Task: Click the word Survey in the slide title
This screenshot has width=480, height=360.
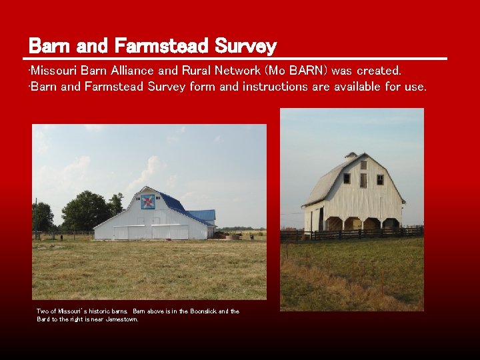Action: [x=245, y=46]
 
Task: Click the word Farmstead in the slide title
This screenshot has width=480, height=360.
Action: [x=162, y=46]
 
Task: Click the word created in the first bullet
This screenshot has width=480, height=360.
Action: [x=379, y=71]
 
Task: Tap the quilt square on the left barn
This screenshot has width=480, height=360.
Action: [x=148, y=201]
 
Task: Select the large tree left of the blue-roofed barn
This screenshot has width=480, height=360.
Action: [x=87, y=209]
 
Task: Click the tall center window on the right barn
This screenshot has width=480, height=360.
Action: [x=363, y=180]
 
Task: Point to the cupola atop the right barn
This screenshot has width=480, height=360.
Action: [x=352, y=156]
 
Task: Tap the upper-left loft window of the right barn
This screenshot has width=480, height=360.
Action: [x=347, y=179]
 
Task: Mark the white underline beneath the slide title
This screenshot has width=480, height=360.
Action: [x=237, y=59]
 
